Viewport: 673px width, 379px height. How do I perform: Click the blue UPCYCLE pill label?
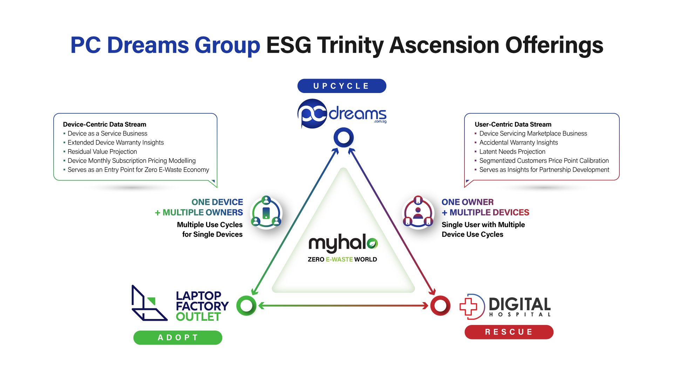(342, 86)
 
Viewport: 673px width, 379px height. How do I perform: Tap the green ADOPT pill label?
(178, 338)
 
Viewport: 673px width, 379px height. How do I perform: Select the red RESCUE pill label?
(509, 332)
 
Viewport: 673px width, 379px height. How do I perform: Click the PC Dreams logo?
(342, 113)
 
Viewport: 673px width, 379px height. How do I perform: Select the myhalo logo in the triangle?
(343, 243)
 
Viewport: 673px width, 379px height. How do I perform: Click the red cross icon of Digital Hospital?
(469, 306)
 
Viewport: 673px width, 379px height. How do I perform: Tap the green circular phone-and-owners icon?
(266, 212)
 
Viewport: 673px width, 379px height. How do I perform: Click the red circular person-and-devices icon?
(418, 212)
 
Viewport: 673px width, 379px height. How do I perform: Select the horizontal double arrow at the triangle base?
(344, 306)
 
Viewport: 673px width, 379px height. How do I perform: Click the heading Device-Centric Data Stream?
(104, 124)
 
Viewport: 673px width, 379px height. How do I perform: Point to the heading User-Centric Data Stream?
(513, 124)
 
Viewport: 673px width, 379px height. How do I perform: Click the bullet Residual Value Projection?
(102, 152)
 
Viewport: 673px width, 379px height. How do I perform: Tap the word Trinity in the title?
(351, 46)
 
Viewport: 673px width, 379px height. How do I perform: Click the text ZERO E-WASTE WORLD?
(342, 259)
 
